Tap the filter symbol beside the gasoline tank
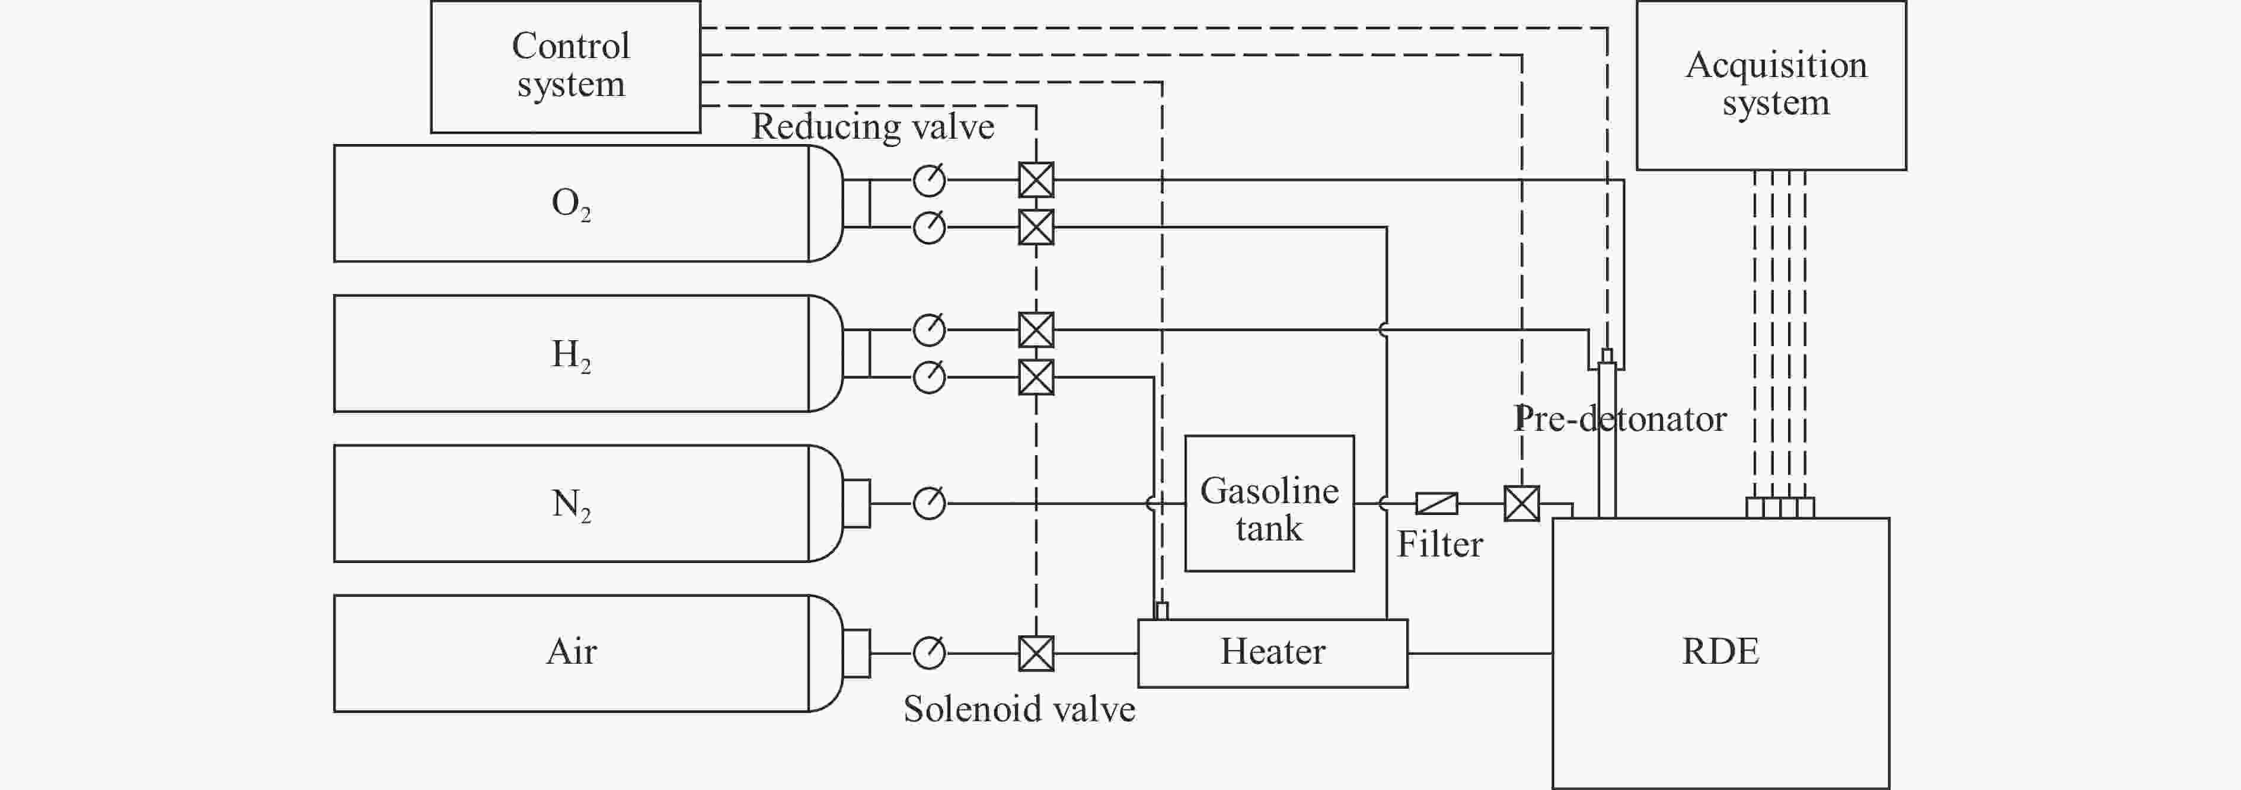pos(1437,503)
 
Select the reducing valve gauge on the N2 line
pos(929,503)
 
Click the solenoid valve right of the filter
pos(1521,503)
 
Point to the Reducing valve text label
pos(873,127)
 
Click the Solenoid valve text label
pos(1019,709)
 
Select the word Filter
pos(1440,545)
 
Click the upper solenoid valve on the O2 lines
pos(1036,180)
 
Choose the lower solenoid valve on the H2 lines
pos(1036,378)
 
